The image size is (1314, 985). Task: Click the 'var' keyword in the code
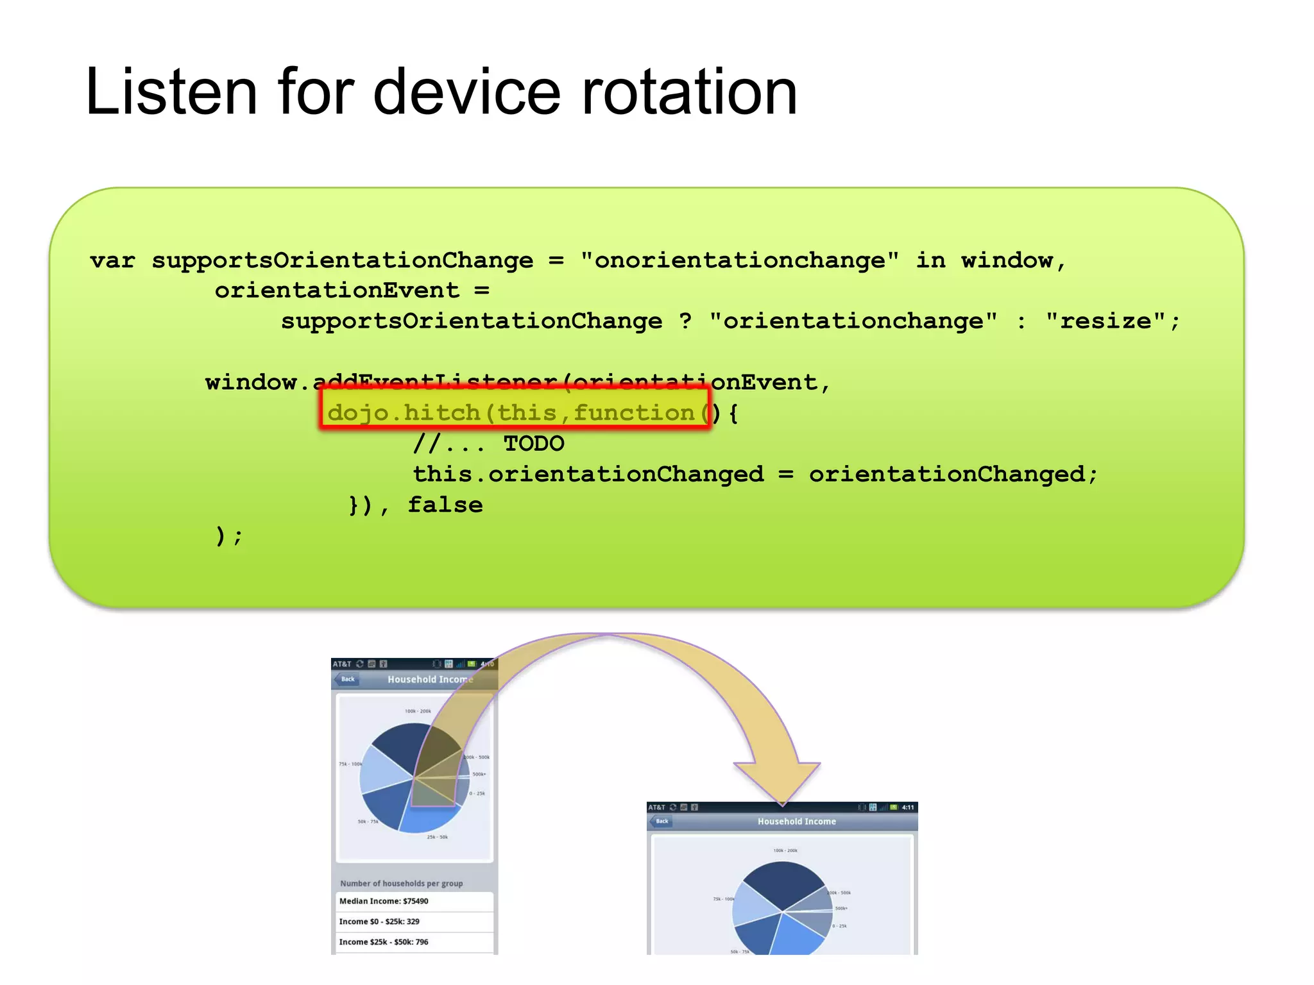(x=113, y=261)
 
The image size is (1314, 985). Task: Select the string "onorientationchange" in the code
(x=739, y=261)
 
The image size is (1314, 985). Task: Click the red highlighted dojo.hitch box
(x=515, y=410)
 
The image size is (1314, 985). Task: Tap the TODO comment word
(x=534, y=444)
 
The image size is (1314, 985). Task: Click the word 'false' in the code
(x=445, y=505)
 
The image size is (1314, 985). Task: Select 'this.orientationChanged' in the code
(x=588, y=475)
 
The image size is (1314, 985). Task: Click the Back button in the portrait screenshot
(x=347, y=679)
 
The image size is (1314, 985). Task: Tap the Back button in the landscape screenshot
(x=661, y=821)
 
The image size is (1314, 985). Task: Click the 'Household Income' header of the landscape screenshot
(x=797, y=821)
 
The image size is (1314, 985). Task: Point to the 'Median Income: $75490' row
(x=384, y=901)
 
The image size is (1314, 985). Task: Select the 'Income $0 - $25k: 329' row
(x=379, y=922)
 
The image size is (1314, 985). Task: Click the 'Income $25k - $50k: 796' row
(x=384, y=942)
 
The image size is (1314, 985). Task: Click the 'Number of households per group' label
(x=401, y=884)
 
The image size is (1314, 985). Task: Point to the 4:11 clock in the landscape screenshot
(x=908, y=807)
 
